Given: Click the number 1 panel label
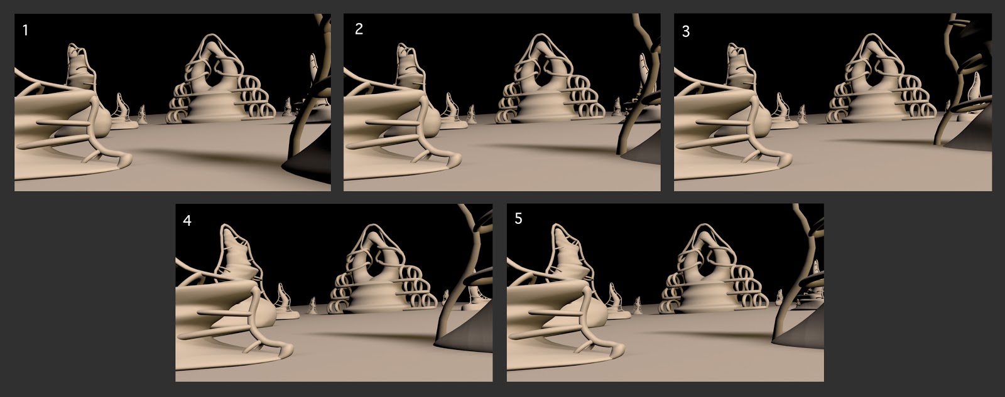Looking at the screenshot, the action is point(25,31).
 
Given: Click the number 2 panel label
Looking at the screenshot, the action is point(359,29).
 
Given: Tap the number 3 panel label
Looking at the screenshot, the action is point(685,31).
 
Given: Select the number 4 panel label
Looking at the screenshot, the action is point(187,221).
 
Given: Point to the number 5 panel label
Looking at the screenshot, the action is point(518,219).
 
